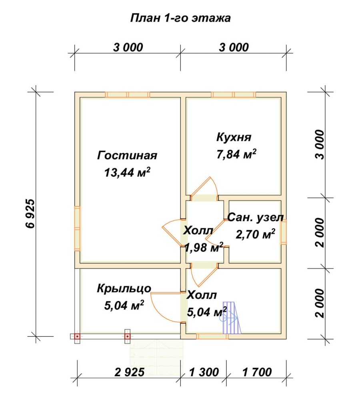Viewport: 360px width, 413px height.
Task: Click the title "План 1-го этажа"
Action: click(180, 18)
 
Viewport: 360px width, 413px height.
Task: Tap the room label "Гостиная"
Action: click(127, 155)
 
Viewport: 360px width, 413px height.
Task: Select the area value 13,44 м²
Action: click(127, 172)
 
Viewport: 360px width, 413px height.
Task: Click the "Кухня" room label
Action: click(234, 137)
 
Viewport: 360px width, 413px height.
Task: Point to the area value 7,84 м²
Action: click(236, 154)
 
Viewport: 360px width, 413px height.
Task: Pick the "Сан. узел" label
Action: click(256, 218)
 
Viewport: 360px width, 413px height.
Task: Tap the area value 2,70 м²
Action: click(256, 234)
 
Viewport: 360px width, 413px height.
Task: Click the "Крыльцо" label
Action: click(124, 289)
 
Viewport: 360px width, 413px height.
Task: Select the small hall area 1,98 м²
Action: click(204, 247)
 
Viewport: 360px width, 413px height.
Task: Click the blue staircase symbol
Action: click(232, 318)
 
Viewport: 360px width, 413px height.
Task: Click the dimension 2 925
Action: click(130, 372)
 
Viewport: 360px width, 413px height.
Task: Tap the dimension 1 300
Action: click(204, 372)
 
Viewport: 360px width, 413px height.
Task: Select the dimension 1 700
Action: click(257, 372)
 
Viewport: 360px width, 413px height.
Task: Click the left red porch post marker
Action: click(77, 336)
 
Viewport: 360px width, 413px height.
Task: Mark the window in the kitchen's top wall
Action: click(233, 95)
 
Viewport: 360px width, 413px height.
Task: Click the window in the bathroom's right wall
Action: click(284, 233)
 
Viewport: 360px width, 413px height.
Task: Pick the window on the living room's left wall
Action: click(77, 229)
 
